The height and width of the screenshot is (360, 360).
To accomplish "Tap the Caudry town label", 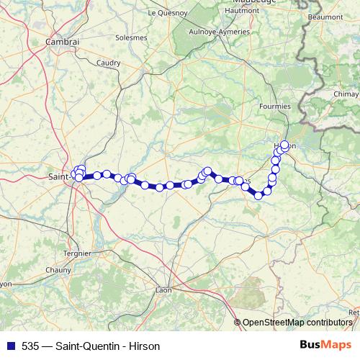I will tap(108, 63).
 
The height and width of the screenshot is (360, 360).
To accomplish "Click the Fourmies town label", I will tap(274, 107).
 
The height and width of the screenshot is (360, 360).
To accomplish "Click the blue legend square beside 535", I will tap(9, 346).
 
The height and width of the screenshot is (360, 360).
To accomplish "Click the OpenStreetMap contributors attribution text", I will tap(297, 323).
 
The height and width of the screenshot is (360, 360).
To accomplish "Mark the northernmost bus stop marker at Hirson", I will tap(284, 145).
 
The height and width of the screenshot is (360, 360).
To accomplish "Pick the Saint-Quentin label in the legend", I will tap(86, 346).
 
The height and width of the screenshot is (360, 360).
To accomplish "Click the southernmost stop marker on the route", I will tap(258, 195).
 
